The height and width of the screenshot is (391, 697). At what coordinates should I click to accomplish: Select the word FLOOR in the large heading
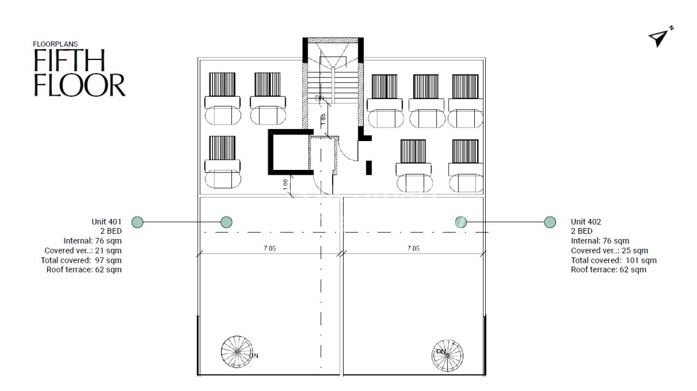point(80,85)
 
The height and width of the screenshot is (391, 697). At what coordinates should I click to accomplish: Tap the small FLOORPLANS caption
point(55,44)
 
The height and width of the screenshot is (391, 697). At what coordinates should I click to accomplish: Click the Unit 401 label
point(107,222)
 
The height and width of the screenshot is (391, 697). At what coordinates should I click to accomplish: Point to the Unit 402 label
point(586,222)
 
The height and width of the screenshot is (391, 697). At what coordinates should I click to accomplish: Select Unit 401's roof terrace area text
point(84,270)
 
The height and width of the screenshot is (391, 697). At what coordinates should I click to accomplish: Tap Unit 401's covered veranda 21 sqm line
point(83,251)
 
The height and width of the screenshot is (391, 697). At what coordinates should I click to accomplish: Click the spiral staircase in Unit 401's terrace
point(237,351)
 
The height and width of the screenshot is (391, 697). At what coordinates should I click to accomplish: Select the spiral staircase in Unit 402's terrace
point(448,352)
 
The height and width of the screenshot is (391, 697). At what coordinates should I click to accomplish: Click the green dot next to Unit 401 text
point(138,222)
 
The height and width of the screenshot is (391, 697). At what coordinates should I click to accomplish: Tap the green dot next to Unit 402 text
point(550,222)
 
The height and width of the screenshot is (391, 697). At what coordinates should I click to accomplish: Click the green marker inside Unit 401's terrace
point(227,222)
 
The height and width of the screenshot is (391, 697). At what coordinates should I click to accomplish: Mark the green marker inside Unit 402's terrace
point(461,222)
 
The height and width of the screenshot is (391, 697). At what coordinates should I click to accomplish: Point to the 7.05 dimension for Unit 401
point(270,248)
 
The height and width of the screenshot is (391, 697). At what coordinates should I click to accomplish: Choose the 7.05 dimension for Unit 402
point(413,248)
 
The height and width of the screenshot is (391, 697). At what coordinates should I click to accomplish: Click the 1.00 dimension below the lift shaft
point(286,184)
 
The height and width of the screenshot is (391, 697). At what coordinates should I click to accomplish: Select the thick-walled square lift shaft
point(289,152)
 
